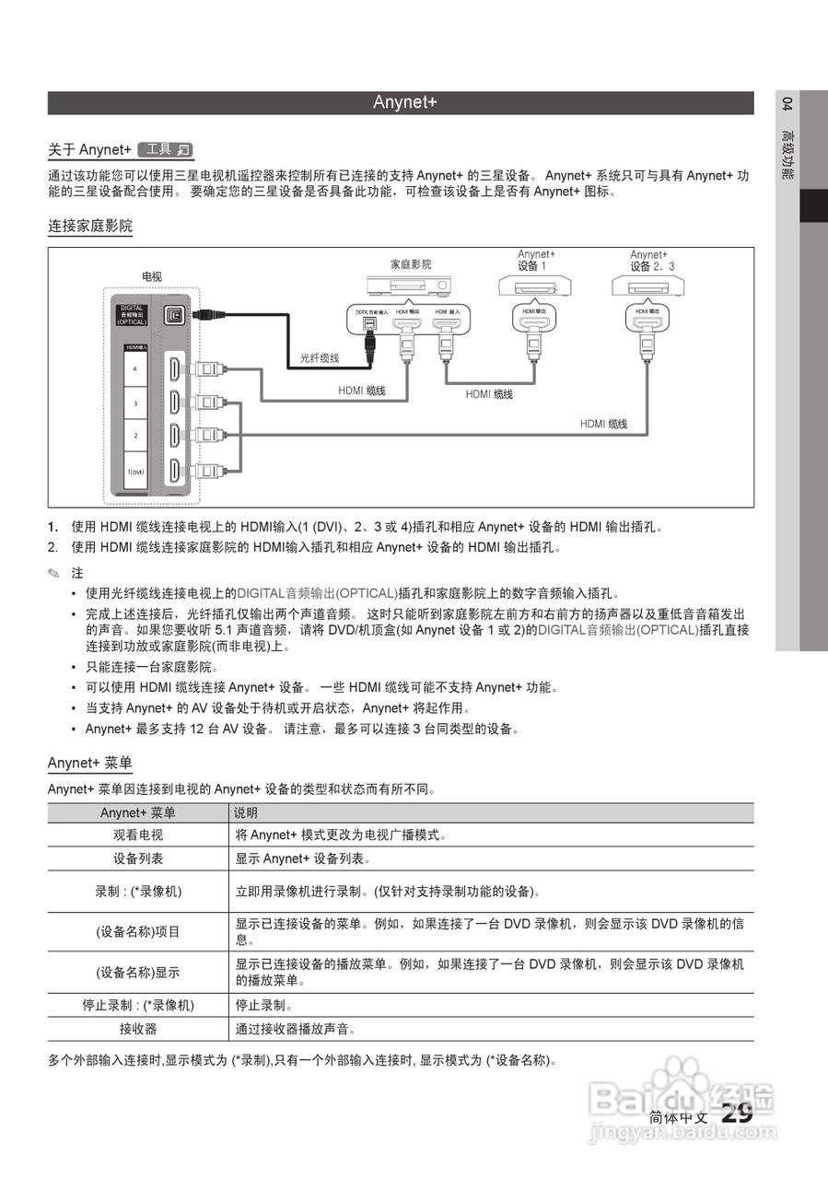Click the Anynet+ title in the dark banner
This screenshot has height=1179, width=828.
(404, 102)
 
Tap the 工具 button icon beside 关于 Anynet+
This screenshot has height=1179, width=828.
(165, 149)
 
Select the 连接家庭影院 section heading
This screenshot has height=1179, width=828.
(90, 226)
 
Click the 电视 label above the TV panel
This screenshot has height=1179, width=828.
(152, 276)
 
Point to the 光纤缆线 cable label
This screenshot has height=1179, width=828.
(320, 357)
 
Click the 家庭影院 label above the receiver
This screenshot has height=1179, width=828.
(411, 264)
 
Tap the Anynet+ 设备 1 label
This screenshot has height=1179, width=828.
(536, 261)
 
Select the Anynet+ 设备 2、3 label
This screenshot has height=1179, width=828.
(651, 261)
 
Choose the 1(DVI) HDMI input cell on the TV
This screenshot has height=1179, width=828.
(134, 472)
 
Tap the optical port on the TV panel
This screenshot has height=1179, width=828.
(175, 315)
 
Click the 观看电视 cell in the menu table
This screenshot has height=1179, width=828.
(138, 835)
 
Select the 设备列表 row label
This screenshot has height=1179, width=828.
(138, 858)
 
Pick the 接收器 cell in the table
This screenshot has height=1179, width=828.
(138, 1029)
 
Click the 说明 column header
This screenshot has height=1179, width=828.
(246, 813)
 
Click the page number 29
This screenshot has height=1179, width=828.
(737, 1114)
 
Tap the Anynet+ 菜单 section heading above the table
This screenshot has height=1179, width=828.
(90, 764)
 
